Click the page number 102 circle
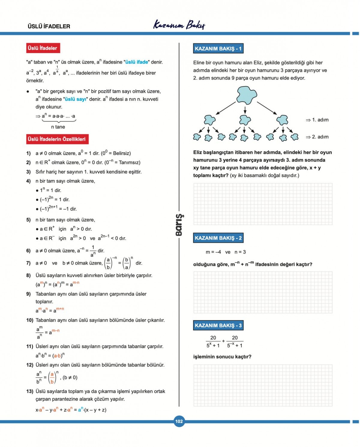[179, 421]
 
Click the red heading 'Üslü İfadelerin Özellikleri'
[57, 139]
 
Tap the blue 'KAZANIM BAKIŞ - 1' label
[218, 49]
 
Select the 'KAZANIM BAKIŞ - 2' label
[218, 238]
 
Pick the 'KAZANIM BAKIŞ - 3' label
[218, 325]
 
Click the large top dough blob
[246, 95]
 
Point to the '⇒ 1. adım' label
[317, 120]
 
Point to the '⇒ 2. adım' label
[317, 137]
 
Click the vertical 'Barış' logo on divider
[179, 225]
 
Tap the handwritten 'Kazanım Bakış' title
[179, 25]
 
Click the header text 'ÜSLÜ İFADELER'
[49, 26]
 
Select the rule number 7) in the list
[28, 263]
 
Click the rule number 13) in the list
[29, 391]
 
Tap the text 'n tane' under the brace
[58, 127]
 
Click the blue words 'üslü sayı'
[75, 99]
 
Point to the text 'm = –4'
[213, 252]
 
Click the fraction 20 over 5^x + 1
[213, 341]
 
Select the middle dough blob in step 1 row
[245, 120]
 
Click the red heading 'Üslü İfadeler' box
[43, 48]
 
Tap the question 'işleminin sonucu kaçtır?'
[222, 356]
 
